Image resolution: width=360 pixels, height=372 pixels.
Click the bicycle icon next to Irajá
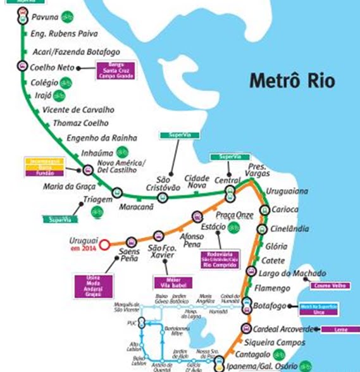[59, 95]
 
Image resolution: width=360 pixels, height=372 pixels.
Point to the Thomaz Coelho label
[81, 123]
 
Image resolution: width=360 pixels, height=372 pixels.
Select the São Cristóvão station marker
[163, 197]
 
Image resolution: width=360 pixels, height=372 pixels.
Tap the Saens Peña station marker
[131, 241]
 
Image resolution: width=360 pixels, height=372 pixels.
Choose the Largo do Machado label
[293, 273]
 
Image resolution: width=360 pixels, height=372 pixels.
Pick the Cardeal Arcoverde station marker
[245, 328]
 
